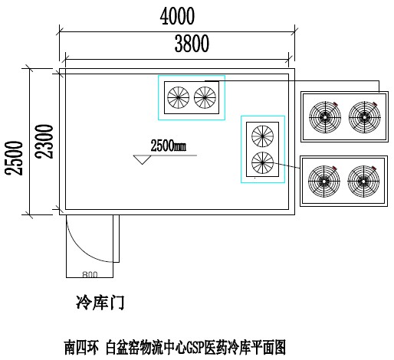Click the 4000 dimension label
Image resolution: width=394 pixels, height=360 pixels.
point(177,16)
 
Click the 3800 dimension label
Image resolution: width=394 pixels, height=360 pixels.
point(192,44)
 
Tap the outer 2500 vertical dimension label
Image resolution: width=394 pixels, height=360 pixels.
point(14,158)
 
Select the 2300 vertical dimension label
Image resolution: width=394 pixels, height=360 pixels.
point(44,141)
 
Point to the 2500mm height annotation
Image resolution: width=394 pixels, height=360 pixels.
point(169,146)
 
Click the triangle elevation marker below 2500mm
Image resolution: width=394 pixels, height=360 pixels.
point(143,159)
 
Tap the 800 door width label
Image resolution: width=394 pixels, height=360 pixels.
point(90,274)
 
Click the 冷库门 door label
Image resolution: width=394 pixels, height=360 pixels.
point(100,303)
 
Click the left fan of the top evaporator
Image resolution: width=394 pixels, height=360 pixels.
point(179,97)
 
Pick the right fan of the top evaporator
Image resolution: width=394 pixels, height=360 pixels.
point(205,97)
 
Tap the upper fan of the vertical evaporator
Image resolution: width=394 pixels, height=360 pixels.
point(262,136)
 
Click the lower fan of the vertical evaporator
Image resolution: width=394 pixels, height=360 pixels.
point(262,162)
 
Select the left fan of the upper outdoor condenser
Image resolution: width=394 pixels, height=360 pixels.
point(325,117)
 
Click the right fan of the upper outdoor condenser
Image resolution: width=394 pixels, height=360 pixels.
point(365,117)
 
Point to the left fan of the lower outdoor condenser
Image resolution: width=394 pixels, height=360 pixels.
point(324,182)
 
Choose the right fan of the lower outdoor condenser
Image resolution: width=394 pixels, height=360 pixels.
point(363,182)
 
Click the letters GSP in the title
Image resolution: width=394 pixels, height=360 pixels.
point(195,347)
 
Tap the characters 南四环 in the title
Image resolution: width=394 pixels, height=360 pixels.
point(81,347)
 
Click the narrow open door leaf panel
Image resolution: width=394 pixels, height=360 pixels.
point(117,238)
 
